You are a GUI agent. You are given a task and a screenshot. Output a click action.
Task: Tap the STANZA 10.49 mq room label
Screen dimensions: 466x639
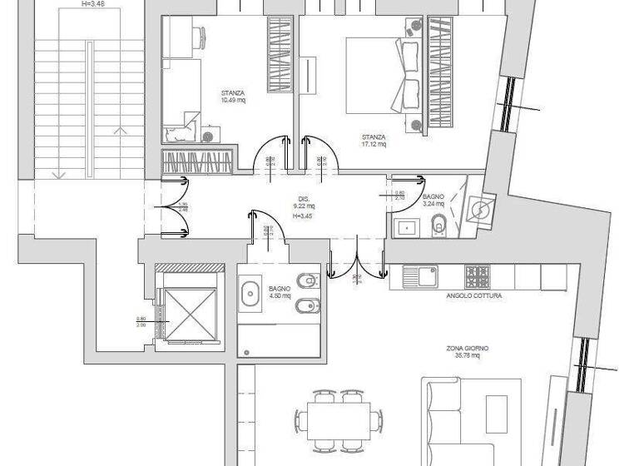[x=233, y=96]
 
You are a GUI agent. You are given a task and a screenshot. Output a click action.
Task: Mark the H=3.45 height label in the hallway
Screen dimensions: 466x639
[x=303, y=216]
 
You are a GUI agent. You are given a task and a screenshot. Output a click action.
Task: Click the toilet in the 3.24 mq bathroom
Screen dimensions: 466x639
[x=439, y=223]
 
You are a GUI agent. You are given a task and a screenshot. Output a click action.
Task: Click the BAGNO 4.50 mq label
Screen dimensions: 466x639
[x=279, y=292]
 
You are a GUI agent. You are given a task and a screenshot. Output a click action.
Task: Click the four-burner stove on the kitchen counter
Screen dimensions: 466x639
[x=478, y=275]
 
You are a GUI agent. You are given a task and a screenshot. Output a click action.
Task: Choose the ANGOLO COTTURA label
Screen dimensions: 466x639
[x=474, y=295]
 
